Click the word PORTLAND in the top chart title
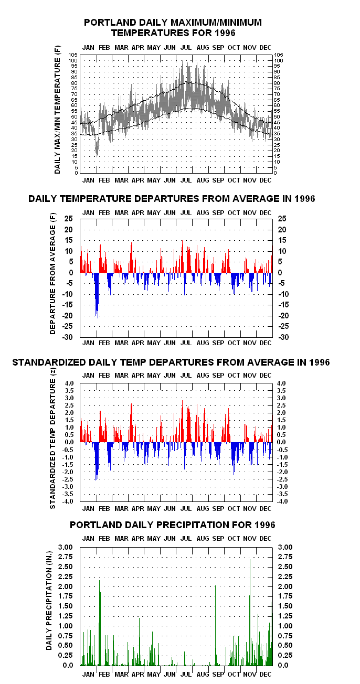click(x=110, y=23)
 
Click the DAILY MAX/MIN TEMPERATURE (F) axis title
click(x=57, y=110)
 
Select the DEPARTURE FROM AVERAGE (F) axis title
click(x=53, y=274)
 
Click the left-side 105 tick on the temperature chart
click(x=73, y=55)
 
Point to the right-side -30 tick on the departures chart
click(x=283, y=337)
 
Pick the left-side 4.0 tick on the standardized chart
click(x=69, y=383)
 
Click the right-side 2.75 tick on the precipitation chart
click(x=285, y=557)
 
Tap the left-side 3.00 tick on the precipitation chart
click(x=66, y=547)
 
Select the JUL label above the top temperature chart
click(x=186, y=48)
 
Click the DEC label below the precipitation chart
click(x=265, y=674)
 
